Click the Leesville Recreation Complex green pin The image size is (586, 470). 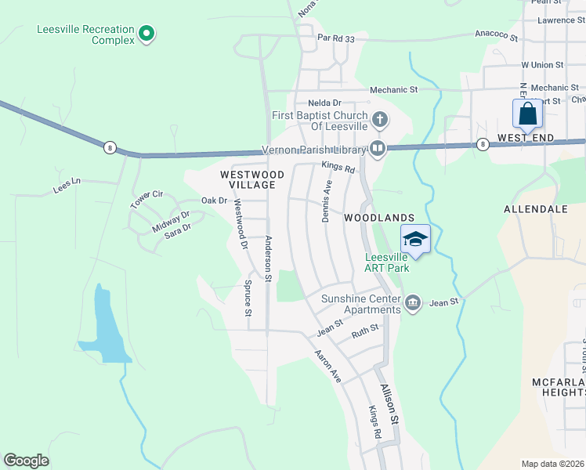click(x=146, y=34)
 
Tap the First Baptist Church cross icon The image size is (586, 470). click(x=380, y=120)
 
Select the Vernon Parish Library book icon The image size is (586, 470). click(x=378, y=148)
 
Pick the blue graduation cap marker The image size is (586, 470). click(x=416, y=240)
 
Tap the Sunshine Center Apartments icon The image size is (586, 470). click(x=413, y=302)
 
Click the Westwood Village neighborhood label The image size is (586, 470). click(x=248, y=179)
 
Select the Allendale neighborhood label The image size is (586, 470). click(x=535, y=210)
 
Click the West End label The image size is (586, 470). click(x=526, y=138)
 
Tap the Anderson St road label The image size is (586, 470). click(x=268, y=258)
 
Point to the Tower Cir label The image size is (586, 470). click(x=146, y=199)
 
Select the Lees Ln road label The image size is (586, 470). click(x=67, y=185)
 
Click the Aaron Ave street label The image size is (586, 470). click(x=328, y=366)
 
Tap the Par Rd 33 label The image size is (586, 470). click(x=336, y=38)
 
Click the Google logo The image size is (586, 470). click(x=26, y=461)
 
